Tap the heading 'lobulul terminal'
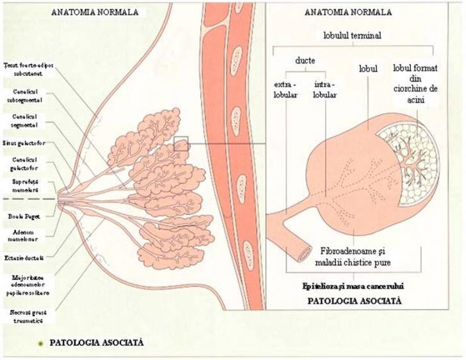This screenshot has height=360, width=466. (353, 36)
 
